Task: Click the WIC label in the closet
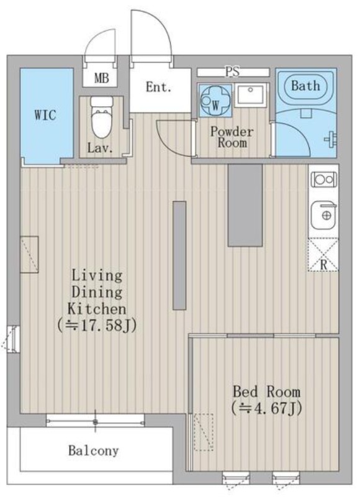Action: point(45,115)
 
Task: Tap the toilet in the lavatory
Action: point(101,117)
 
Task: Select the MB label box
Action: point(101,78)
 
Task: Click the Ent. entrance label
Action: point(159,86)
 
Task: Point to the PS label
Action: point(233,71)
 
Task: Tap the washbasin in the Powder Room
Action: point(251,94)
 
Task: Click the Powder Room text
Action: point(232,137)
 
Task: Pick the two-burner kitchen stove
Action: point(323,180)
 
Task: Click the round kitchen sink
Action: point(324,215)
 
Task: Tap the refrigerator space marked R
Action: point(323,254)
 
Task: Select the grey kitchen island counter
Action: point(245,205)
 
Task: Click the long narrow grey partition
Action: point(179,255)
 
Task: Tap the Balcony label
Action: point(94,450)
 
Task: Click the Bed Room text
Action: point(267,392)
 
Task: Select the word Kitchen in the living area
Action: point(97,309)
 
